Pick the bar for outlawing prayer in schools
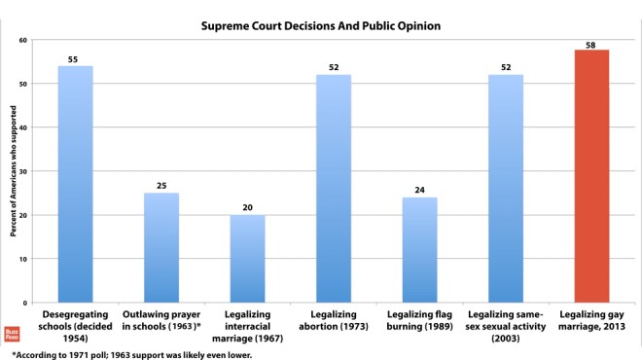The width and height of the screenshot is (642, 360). tap(161, 248)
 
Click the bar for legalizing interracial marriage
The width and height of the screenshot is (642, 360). tap(247, 259)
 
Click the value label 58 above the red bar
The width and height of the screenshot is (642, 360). tap(590, 45)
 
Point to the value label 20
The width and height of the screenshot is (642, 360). tap(247, 207)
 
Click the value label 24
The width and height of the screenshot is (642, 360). tap(419, 191)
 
